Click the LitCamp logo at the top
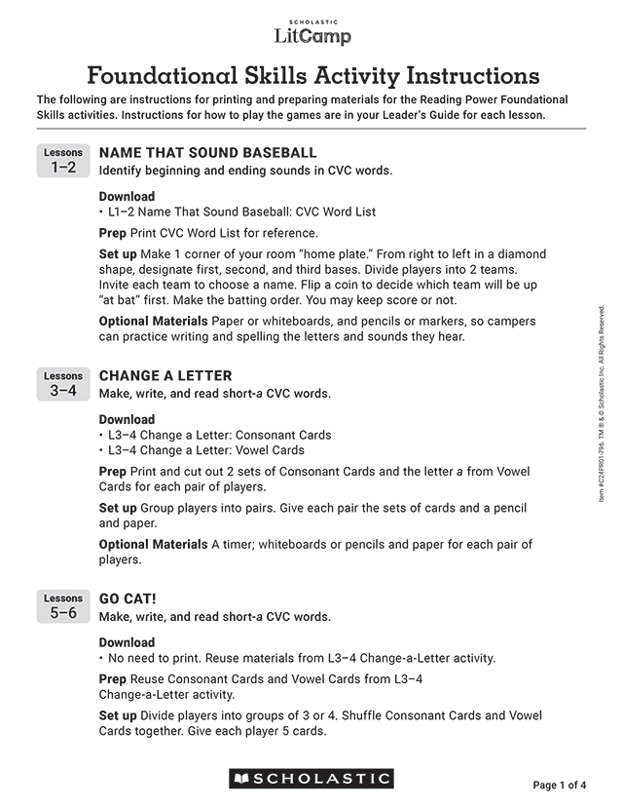click(x=311, y=33)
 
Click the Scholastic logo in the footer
click(x=311, y=779)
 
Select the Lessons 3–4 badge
click(x=63, y=384)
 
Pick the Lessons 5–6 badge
click(x=63, y=606)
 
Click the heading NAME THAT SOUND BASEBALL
click(x=208, y=153)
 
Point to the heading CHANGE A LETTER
click(x=165, y=376)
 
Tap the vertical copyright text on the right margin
click(x=602, y=404)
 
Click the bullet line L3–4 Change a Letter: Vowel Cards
click(x=204, y=450)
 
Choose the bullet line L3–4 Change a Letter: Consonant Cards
click(x=218, y=435)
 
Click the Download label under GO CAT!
click(x=127, y=642)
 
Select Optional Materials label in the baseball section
click(x=153, y=321)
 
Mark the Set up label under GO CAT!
click(x=118, y=715)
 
